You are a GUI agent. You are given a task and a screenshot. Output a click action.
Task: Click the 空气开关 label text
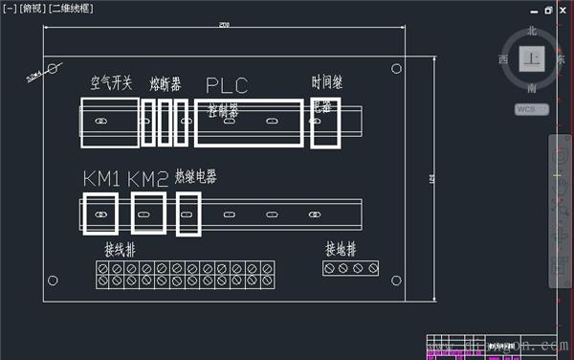click(x=112, y=83)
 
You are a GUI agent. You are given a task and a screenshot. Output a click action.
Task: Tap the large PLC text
click(x=227, y=85)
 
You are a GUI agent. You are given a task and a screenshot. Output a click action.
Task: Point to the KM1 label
click(x=101, y=179)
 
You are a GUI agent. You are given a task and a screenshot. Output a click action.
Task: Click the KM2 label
click(x=147, y=179)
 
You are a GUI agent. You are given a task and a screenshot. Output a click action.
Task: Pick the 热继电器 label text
click(x=195, y=177)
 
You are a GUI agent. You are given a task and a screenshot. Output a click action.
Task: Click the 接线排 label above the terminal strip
click(x=123, y=250)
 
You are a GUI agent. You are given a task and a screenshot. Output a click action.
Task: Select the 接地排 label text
click(x=341, y=250)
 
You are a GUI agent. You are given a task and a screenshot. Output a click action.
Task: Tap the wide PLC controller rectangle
click(x=250, y=123)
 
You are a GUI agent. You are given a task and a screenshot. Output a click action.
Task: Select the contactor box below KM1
click(x=100, y=214)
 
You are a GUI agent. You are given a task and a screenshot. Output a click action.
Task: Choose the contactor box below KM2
click(x=148, y=214)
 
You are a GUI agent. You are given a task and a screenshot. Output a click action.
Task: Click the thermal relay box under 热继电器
click(x=188, y=214)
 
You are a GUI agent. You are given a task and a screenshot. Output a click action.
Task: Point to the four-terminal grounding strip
click(x=349, y=269)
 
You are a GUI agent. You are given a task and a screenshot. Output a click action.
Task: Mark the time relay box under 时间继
click(x=325, y=124)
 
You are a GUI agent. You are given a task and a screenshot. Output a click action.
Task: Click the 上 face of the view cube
click(x=531, y=58)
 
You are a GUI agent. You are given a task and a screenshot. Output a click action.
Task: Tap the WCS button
click(x=529, y=109)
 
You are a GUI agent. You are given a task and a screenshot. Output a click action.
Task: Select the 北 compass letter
click(x=532, y=31)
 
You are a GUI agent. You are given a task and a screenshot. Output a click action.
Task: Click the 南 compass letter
click(x=532, y=88)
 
